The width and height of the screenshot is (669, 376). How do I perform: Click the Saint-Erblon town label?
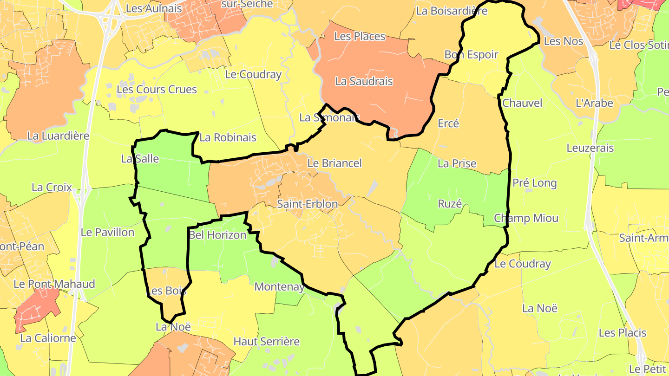tap(307, 204)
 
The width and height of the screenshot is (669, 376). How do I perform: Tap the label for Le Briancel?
tap(334, 163)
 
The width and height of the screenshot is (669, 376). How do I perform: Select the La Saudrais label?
tap(364, 81)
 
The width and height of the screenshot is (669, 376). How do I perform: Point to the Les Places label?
tap(360, 36)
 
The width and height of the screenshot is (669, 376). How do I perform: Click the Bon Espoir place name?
tap(471, 54)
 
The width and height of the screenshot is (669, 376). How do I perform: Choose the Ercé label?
tap(448, 123)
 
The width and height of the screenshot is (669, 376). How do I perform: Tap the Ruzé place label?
tap(450, 204)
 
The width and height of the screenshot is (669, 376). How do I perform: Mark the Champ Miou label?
tap(526, 218)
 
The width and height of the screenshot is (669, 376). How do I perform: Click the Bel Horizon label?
tap(217, 235)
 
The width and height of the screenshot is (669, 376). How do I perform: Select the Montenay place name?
tap(280, 286)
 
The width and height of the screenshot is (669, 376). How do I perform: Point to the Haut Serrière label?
tap(267, 342)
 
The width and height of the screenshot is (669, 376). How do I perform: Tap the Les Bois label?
tap(166, 291)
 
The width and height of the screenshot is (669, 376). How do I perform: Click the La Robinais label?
tap(228, 137)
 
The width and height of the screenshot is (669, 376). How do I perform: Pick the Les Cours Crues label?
tap(157, 89)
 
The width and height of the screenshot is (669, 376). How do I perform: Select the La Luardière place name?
tap(58, 136)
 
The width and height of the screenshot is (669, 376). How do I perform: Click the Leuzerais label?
tap(590, 148)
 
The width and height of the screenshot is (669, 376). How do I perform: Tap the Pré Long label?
tap(534, 183)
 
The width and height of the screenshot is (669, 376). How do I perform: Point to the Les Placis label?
tap(623, 333)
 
